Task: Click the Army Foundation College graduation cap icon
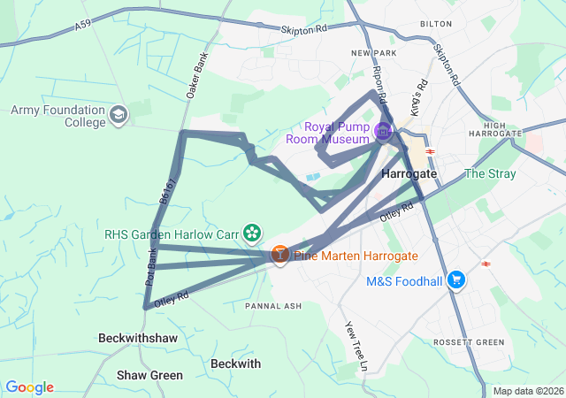(119, 115)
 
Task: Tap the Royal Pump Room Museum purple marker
(383, 132)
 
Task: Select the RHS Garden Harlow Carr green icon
(253, 233)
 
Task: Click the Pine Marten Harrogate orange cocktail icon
(279, 255)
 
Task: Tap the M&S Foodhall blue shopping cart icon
(456, 280)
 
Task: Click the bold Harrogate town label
(409, 174)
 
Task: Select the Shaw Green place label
(150, 375)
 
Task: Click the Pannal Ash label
(273, 306)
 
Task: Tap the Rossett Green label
(469, 342)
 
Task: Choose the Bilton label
(436, 26)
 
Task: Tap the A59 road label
(83, 27)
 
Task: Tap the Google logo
(29, 387)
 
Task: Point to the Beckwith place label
(236, 364)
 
